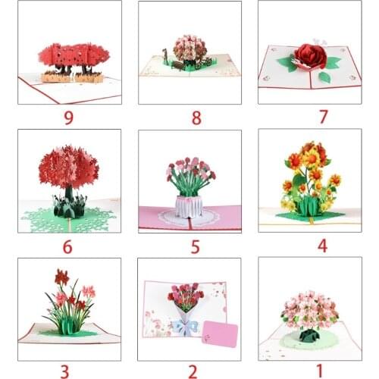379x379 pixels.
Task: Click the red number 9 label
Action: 68,117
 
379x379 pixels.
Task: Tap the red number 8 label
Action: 196,117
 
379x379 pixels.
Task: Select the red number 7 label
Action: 324,117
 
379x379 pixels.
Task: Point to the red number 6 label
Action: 67,247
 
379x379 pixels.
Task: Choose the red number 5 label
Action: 196,247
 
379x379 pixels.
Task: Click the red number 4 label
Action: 322,246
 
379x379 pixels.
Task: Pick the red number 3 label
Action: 65,371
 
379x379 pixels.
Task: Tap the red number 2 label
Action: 193,371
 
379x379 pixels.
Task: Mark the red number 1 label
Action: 320,371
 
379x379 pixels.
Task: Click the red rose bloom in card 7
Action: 311,56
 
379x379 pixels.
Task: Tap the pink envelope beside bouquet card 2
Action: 220,334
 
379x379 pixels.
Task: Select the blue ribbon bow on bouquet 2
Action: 186,327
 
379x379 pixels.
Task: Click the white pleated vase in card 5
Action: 189,207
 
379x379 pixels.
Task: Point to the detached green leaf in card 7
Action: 324,77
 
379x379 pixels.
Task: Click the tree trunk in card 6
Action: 69,194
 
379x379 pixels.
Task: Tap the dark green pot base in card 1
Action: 309,335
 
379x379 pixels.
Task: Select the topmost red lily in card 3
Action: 61,276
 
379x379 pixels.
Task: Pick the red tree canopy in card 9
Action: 74,56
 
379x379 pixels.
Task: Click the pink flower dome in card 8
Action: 190,48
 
